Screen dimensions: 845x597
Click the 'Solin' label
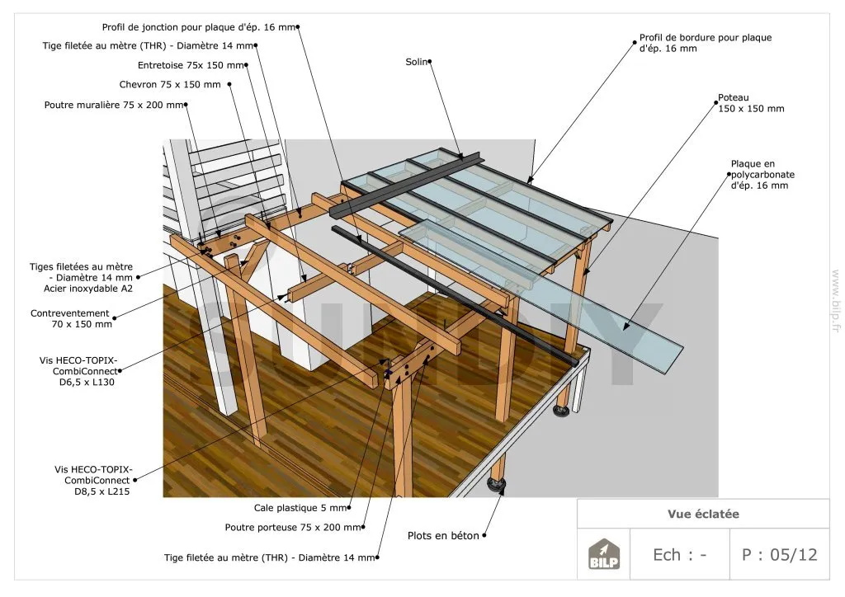417,62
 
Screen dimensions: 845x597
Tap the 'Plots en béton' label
443,536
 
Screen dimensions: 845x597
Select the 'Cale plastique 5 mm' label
300,508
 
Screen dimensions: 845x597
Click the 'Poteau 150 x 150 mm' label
751,103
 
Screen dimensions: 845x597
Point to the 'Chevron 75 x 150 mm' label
170,84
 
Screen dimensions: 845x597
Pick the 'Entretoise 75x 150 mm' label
191,65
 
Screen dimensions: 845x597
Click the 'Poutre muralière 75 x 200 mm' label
114,105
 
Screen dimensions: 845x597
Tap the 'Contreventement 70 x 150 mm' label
71,318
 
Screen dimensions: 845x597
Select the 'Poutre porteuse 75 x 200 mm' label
293,528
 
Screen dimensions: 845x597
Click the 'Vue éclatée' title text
703,514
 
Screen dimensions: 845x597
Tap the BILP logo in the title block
603,554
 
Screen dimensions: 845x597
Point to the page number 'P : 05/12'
779,554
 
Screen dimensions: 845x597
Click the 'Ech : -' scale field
680,554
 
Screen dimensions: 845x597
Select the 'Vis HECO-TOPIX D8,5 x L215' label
93,480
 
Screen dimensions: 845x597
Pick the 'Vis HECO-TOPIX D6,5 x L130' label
78,371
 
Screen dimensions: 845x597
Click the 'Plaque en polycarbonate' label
762,175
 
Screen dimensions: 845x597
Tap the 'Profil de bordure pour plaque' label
706,43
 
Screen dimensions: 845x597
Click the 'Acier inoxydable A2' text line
87,289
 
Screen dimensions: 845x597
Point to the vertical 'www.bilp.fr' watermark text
836,301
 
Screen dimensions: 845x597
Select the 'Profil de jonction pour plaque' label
199,27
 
